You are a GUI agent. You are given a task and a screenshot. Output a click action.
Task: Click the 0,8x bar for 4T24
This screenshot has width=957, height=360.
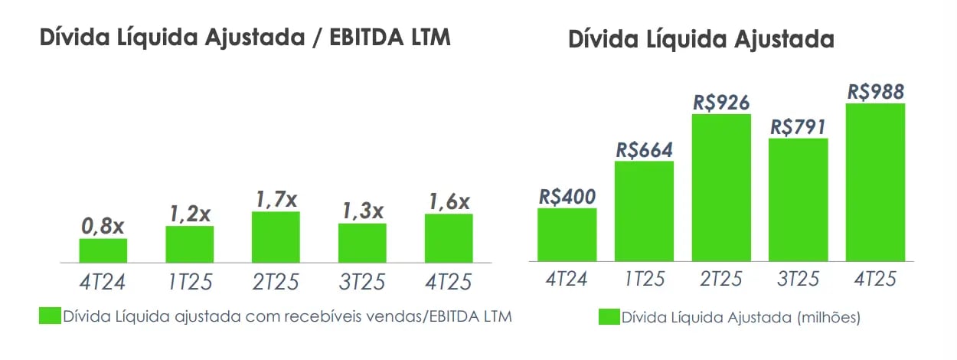(103, 250)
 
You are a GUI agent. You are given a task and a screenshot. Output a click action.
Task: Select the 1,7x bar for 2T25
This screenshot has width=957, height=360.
(276, 237)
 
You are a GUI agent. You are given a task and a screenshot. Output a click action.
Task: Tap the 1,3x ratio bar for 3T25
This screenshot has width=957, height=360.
(362, 243)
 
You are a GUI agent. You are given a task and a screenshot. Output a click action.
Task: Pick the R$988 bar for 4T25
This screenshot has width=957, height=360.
(875, 182)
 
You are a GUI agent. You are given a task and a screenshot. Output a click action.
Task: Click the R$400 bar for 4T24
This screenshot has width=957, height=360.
(567, 234)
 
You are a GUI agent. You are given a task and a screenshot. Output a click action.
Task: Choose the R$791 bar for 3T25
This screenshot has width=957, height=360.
(799, 199)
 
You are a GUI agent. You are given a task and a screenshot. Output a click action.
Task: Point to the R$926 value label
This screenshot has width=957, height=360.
(721, 102)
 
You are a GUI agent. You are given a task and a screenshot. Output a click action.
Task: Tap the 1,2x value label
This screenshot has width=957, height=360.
(189, 214)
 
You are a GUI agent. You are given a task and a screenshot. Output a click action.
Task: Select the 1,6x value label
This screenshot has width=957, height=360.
(449, 202)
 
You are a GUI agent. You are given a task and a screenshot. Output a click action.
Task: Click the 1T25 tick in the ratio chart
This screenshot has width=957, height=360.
(189, 282)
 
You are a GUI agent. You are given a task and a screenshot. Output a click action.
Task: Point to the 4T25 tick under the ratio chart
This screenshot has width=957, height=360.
(449, 282)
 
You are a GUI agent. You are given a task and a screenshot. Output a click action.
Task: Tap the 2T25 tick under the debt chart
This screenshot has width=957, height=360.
(721, 279)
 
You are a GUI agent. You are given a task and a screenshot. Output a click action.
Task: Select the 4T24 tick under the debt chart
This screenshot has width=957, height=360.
(567, 279)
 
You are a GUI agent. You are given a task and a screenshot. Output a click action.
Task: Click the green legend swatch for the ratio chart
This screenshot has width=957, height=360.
(50, 316)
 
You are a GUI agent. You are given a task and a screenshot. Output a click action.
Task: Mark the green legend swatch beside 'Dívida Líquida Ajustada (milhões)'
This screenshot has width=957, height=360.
(609, 316)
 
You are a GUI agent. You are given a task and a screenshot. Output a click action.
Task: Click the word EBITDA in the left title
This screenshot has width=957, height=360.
(364, 38)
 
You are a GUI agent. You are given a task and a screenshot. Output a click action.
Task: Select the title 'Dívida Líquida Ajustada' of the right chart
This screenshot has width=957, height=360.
(701, 40)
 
